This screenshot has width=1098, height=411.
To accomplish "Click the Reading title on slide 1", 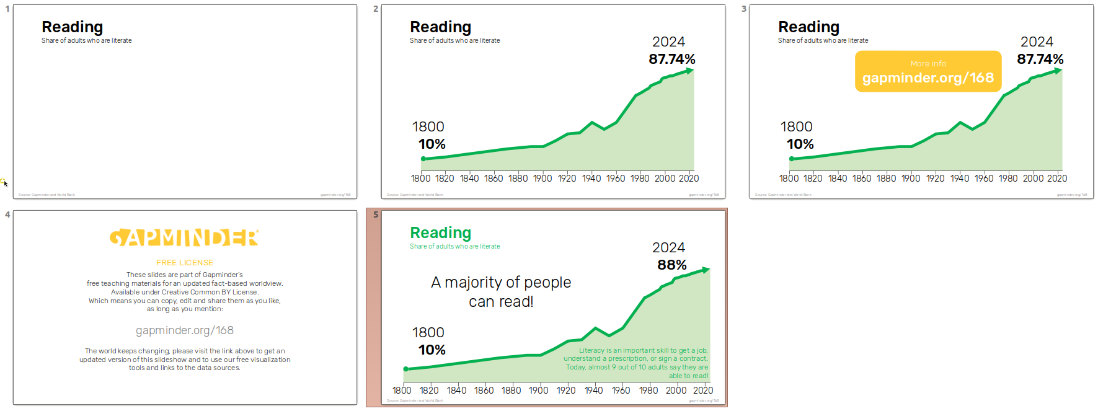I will pos(72,27).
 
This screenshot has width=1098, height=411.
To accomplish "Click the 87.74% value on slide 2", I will pos(671,60).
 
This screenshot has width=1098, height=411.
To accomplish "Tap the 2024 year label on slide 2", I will pos(668,42).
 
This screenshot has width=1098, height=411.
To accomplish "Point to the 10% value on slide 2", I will pos(432,144).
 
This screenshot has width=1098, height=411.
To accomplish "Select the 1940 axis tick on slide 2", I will pos(591,179).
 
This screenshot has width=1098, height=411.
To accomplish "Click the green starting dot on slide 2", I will pos(423,159).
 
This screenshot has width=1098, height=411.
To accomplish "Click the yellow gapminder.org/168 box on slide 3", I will pos(928,72).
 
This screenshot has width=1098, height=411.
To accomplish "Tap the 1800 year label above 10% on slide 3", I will pos(796,127).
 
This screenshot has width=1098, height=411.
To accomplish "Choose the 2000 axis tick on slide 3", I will pos(1033,179).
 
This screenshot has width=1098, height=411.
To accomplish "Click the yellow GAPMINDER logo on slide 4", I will pos(184,238).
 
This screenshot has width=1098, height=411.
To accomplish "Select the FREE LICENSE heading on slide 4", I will pos(184,263).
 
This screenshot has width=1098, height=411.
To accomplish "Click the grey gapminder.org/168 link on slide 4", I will pos(184,330).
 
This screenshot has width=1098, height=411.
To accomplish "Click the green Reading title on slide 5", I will pos(440,233).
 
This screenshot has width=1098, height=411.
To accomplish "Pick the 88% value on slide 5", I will pos(671,265).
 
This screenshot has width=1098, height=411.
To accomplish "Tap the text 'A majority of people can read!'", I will pos(501,292).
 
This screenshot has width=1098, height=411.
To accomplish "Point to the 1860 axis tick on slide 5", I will pos(484,391).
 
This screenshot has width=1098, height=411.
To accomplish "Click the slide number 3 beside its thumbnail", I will pos(744,9).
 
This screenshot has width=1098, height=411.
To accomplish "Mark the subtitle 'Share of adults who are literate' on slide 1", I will pos(86,41).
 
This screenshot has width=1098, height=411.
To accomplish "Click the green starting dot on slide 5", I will pos(406,369).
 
